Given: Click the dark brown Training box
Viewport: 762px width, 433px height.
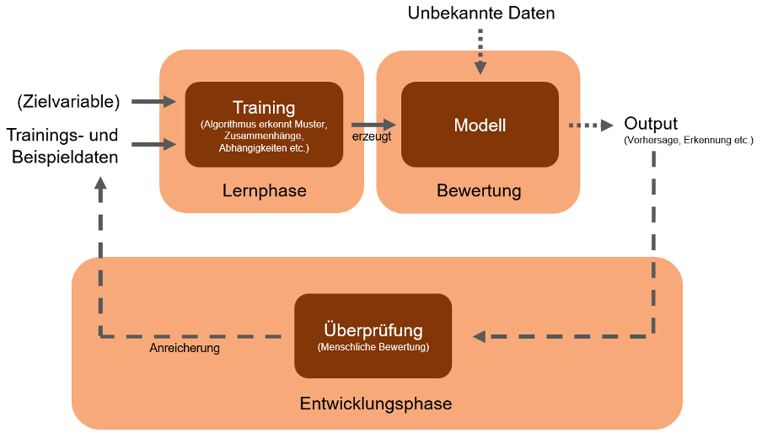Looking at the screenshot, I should [264, 124].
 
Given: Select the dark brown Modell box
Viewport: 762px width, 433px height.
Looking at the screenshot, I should [480, 125].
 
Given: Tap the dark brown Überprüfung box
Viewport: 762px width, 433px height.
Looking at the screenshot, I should [373, 335].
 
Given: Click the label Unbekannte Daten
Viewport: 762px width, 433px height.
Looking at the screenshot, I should [481, 13].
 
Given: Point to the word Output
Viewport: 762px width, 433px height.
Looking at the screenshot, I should [651, 124].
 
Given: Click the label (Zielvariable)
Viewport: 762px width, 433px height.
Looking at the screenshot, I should [69, 102].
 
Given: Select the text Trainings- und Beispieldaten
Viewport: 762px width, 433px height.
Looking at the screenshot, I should [62, 145].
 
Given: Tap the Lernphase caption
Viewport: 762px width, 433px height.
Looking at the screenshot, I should [264, 190].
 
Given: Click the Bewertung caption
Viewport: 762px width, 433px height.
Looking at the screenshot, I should [479, 190].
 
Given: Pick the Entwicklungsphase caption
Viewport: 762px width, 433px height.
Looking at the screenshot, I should [376, 404].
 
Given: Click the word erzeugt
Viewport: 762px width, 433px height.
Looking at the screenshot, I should [371, 137].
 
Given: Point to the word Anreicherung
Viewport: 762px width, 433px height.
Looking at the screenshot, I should [185, 347].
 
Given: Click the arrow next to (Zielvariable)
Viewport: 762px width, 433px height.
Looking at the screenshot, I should [153, 102].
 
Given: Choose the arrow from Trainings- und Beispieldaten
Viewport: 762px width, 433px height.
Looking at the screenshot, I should [153, 144].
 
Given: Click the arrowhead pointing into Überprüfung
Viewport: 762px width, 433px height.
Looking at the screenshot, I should [479, 336].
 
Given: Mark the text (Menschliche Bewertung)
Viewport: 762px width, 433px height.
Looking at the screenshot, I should [373, 347].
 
